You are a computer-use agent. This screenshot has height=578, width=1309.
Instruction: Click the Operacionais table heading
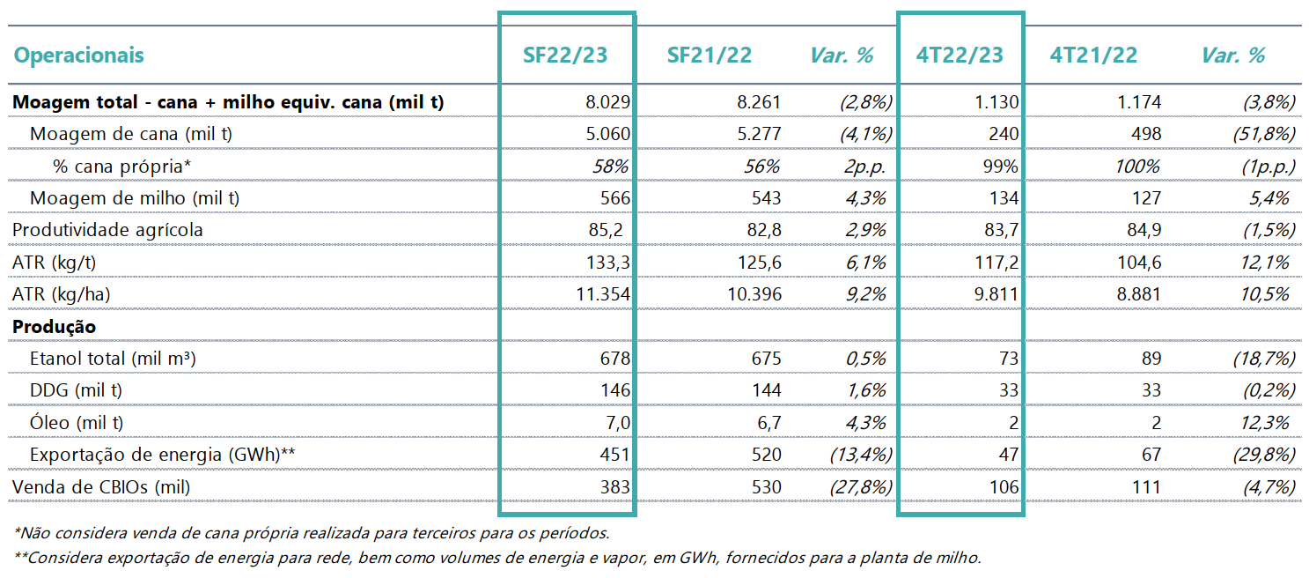pyautogui.click(x=79, y=55)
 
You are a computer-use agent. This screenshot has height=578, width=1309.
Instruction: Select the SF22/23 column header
pyautogui.click(x=565, y=55)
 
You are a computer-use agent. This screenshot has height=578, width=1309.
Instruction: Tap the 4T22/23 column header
pyautogui.click(x=960, y=55)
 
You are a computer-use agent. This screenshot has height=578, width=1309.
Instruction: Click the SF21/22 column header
pyautogui.click(x=709, y=55)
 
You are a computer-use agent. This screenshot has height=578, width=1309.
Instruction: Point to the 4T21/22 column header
pyautogui.click(x=1093, y=55)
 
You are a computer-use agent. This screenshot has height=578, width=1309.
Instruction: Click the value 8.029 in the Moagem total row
pyautogui.click(x=607, y=102)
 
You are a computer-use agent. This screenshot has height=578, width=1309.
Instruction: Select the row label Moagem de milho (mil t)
pyautogui.click(x=135, y=198)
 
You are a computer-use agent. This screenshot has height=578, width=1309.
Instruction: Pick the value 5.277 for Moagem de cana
pyautogui.click(x=759, y=134)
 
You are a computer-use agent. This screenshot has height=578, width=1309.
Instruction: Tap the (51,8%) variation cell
pyautogui.click(x=1264, y=134)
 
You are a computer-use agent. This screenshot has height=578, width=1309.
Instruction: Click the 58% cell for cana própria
pyautogui.click(x=610, y=167)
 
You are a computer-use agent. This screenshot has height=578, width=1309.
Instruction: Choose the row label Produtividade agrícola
pyautogui.click(x=107, y=230)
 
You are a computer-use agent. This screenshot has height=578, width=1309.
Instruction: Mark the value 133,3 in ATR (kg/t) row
pyautogui.click(x=607, y=263)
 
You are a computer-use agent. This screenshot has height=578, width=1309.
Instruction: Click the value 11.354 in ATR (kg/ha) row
pyautogui.click(x=603, y=294)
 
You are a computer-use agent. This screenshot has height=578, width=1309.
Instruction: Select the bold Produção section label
pyautogui.click(x=54, y=326)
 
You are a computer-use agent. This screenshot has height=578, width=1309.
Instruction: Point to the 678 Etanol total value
pyautogui.click(x=614, y=359)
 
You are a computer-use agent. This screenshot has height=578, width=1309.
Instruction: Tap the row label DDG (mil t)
pyautogui.click(x=76, y=390)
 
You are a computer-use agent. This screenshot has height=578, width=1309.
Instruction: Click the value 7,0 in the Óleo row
pyautogui.click(x=618, y=423)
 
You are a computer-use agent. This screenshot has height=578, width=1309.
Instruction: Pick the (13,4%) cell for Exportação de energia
pyautogui.click(x=861, y=455)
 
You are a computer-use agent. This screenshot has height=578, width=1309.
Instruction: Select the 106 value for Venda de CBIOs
pyautogui.click(x=1004, y=486)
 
